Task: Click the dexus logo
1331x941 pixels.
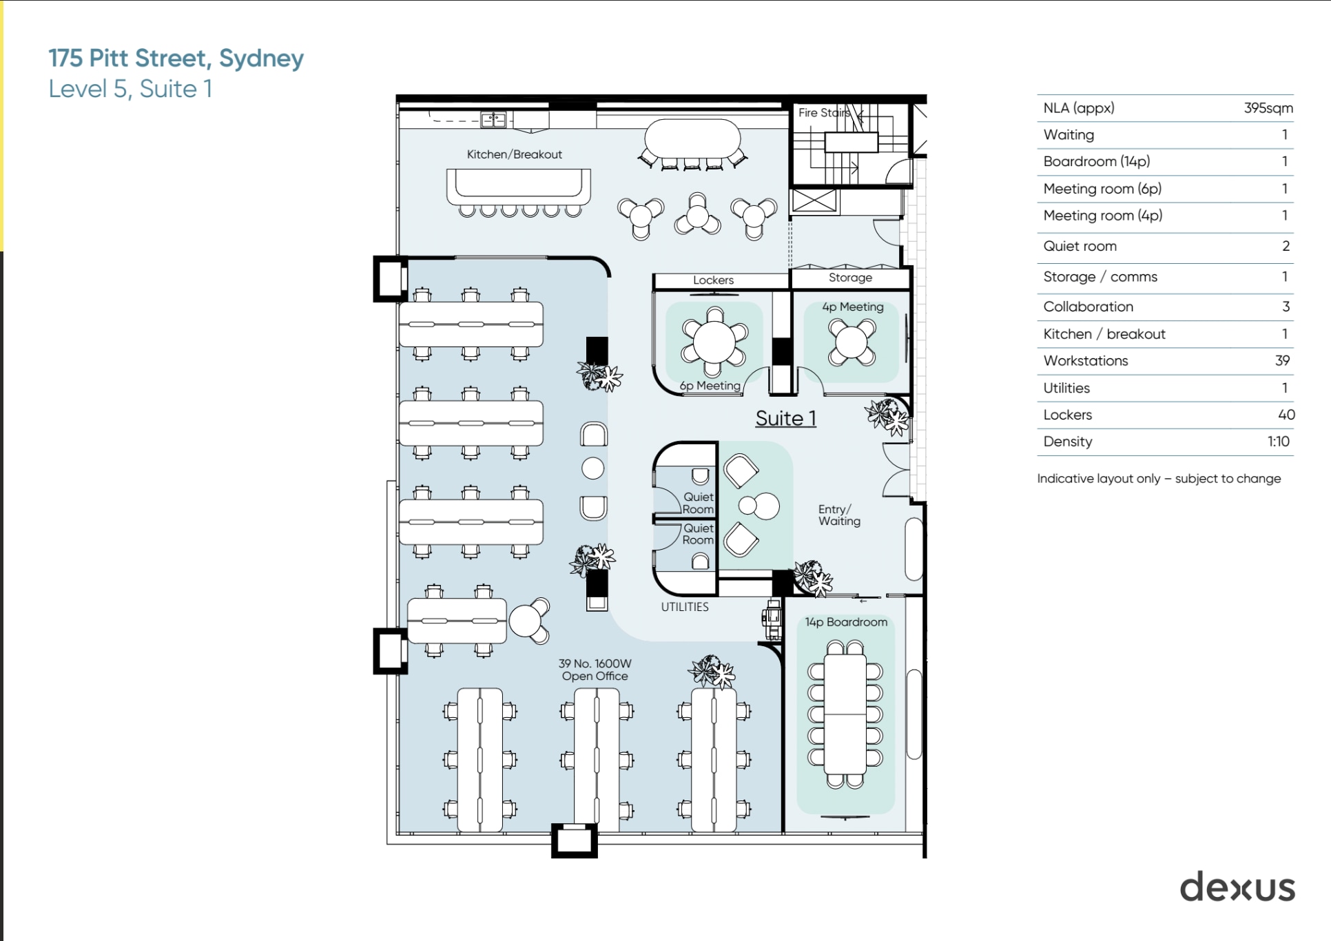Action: (1237, 887)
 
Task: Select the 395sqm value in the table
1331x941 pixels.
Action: (1268, 108)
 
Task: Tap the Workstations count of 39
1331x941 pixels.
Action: (1281, 360)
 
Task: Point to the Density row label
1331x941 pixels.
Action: (1067, 442)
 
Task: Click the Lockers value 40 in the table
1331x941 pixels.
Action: (1286, 415)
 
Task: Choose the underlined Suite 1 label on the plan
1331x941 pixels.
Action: (785, 418)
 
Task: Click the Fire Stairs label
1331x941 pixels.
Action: (823, 112)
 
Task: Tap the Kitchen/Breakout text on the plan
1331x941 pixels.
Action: (514, 154)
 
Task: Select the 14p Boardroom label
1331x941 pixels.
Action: (845, 622)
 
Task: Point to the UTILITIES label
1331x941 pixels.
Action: (684, 607)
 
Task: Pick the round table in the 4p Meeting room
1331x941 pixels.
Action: (852, 342)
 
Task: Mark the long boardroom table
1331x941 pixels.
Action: (845, 714)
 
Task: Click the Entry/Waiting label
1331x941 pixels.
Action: (838, 515)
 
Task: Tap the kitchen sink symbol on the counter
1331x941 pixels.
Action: (493, 120)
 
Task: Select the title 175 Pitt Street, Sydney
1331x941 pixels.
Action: (176, 58)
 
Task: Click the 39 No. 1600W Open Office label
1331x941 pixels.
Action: (595, 670)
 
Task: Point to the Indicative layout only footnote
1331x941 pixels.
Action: (1158, 479)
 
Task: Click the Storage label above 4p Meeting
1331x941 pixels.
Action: (849, 278)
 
